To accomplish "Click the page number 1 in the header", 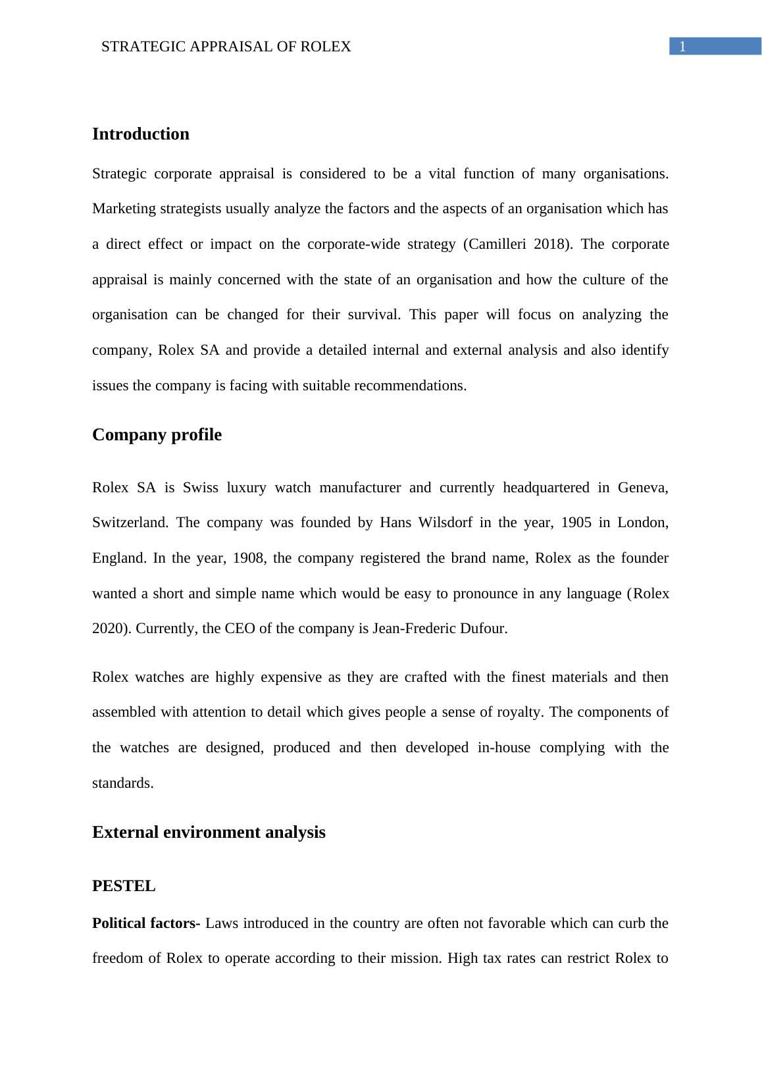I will [682, 47].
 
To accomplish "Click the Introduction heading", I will [141, 134].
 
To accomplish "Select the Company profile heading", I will [157, 435].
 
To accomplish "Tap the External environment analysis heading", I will [209, 833].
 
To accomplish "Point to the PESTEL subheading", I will [124, 886].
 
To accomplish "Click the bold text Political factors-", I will [146, 923].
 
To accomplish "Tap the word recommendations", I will [410, 386].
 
